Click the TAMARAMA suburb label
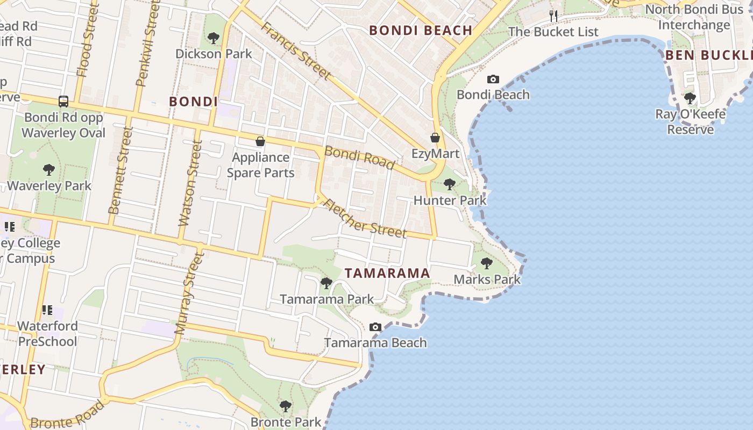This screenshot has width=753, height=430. click(387, 273)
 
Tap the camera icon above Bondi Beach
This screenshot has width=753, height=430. click(493, 80)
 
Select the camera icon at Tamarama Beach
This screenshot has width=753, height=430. click(375, 327)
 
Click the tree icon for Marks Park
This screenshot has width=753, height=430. click(487, 263)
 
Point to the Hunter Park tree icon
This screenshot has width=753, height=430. click(450, 184)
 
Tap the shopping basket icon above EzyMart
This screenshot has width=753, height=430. click(435, 138)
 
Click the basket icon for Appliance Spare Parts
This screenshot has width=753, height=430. click(260, 141)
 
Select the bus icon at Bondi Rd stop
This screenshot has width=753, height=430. click(63, 101)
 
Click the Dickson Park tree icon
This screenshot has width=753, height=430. click(214, 38)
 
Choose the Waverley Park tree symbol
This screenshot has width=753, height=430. click(49, 170)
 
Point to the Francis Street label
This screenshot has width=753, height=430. click(295, 51)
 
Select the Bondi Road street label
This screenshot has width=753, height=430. click(360, 157)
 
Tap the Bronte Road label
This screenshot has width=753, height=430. click(67, 415)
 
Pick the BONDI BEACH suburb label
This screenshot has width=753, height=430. click(421, 30)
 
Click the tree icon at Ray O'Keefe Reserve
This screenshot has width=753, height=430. click(690, 98)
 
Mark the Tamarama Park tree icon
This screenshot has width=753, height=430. click(326, 283)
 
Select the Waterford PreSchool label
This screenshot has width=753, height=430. click(47, 333)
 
